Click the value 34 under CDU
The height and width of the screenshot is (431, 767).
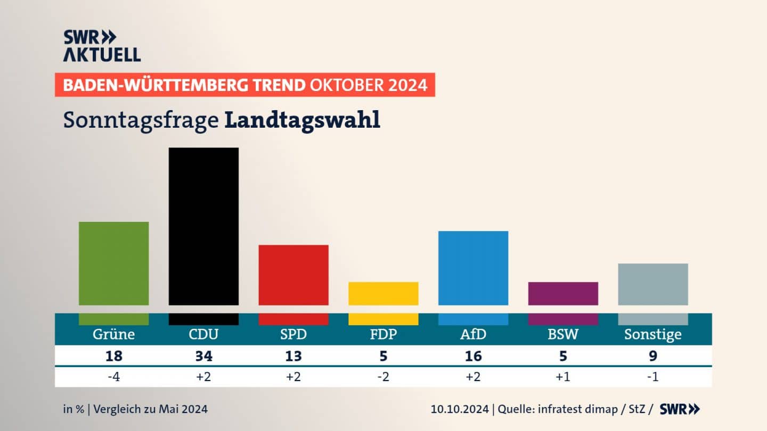203,356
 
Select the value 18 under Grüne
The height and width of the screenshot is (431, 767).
113,356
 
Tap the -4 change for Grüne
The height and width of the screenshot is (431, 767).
113,377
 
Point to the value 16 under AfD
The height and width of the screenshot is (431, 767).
473,356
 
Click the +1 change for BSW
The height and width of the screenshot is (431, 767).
563,377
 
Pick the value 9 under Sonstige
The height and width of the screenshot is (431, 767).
653,356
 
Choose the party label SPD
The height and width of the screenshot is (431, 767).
293,335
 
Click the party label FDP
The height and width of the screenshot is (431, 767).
383,335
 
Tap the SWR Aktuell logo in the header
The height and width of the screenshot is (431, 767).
102,46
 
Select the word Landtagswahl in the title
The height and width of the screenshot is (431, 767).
302,120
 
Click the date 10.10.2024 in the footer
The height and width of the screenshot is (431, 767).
460,409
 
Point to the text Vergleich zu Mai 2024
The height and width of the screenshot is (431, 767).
150,409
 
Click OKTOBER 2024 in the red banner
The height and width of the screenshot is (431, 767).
369,85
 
